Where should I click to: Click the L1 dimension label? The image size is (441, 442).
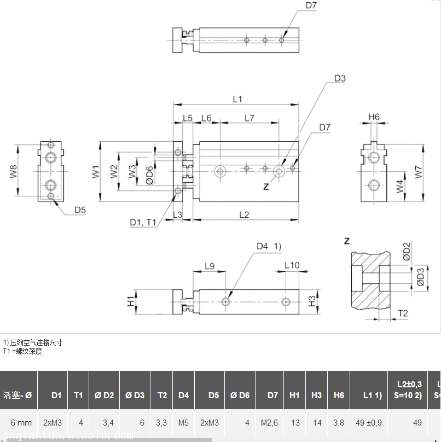pyautogui.click(x=237, y=99)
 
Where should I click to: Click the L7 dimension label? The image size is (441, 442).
pyautogui.click(x=249, y=118)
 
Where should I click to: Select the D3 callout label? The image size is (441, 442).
pyautogui.click(x=340, y=78)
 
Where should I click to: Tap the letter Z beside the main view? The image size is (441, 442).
pyautogui.click(x=266, y=187)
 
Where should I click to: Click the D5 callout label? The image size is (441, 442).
pyautogui.click(x=80, y=210)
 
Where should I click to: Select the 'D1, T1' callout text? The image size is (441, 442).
pyautogui.click(x=143, y=222)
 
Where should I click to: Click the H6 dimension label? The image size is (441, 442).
pyautogui.click(x=374, y=117)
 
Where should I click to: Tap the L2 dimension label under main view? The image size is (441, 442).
pyautogui.click(x=244, y=215)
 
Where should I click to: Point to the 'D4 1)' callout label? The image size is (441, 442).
pyautogui.click(x=269, y=246)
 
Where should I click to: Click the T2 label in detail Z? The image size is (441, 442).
pyautogui.click(x=403, y=313)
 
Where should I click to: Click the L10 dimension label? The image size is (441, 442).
pyautogui.click(x=292, y=265)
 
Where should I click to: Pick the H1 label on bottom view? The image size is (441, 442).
pyautogui.click(x=131, y=301)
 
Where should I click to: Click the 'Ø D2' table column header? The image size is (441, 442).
pyautogui.click(x=104, y=395)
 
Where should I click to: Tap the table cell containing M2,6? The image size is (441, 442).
pyautogui.click(x=269, y=422)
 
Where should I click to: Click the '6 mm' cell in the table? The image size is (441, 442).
pyautogui.click(x=21, y=422)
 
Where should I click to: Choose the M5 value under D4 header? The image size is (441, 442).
pyautogui.click(x=183, y=422)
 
